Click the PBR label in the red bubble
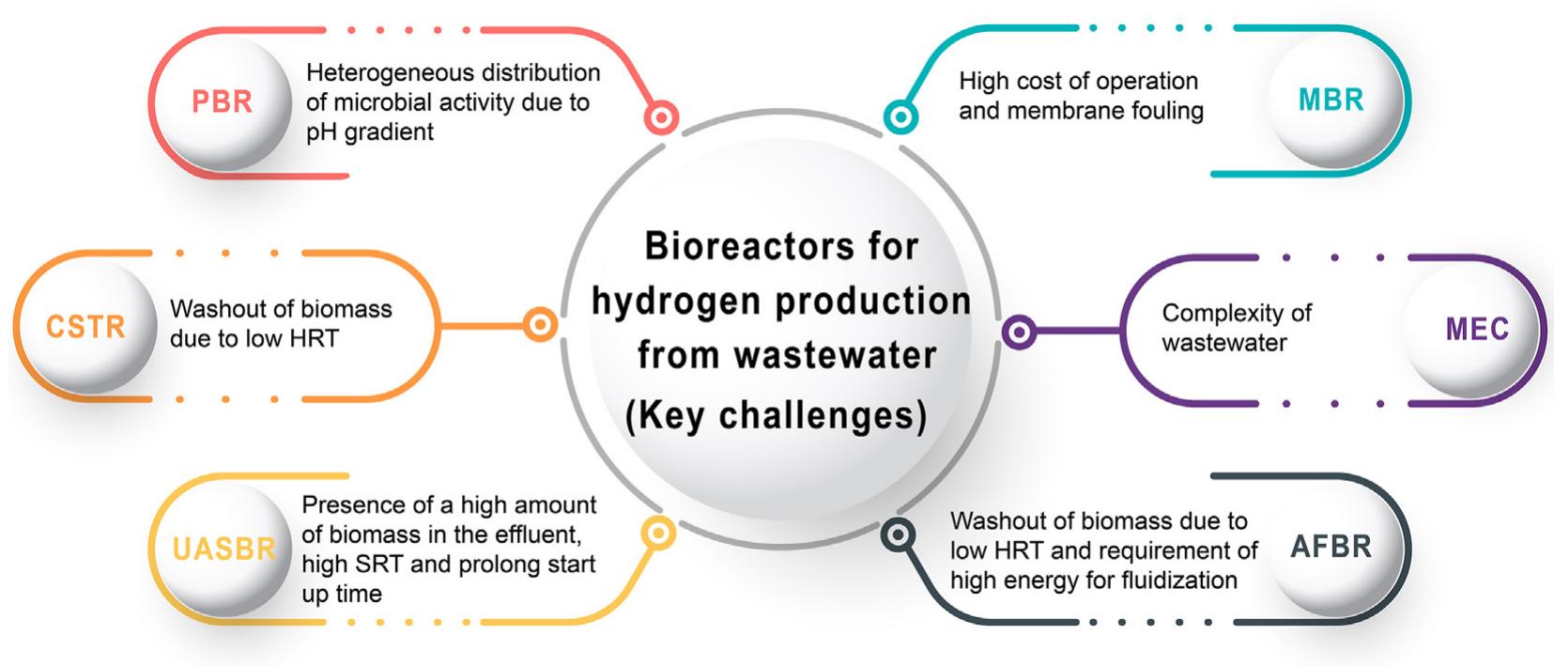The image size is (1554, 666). coord(222,101)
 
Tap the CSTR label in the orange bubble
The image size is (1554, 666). coord(85,326)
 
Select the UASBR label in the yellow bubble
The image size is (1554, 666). coord(224,549)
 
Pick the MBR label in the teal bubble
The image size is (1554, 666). coord(1331,100)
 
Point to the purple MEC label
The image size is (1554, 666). coord(1477,329)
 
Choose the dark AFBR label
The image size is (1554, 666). coord(1331,547)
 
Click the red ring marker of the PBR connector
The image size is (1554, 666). coord(661,117)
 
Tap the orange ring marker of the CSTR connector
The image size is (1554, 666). coord(540,325)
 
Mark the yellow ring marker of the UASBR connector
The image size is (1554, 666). coord(657,533)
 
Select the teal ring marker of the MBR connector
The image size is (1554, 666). coord(900,116)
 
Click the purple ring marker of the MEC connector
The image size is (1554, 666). coord(1019,332)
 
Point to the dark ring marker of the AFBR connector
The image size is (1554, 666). coord(898,534)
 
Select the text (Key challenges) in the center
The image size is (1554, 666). coord(777,415)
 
